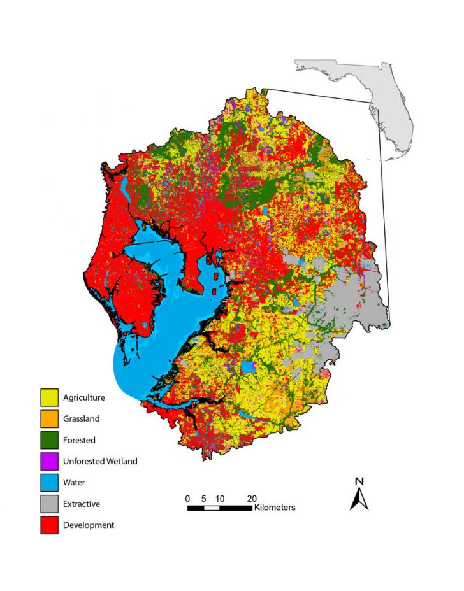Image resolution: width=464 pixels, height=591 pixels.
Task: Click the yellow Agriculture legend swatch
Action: [49, 398]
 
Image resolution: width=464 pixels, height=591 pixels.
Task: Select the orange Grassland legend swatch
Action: [49, 419]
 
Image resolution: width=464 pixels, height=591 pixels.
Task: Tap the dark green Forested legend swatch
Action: [49, 440]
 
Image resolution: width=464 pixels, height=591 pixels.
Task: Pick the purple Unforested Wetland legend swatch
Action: [49, 461]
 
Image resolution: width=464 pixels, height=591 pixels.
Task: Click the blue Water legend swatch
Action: [49, 483]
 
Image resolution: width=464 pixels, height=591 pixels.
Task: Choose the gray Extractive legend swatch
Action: [49, 504]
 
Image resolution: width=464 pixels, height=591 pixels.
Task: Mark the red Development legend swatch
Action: [49, 525]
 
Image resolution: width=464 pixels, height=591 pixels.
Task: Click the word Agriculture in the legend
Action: [83, 398]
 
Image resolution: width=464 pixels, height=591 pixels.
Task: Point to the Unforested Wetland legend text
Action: [100, 461]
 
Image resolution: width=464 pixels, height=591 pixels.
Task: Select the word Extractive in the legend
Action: [81, 504]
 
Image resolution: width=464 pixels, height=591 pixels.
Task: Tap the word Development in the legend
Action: [89, 525]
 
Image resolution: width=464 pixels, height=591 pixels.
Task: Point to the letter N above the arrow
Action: [359, 481]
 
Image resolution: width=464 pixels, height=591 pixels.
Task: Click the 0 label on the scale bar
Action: [187, 498]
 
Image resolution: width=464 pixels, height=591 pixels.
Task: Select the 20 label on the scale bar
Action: [252, 498]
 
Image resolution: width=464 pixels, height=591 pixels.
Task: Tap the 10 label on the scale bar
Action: [219, 498]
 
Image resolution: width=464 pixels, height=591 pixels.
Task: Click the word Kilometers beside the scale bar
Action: [275, 508]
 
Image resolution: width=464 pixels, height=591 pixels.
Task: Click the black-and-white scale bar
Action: [219, 508]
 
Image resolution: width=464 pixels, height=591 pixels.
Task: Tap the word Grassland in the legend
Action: [81, 419]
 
